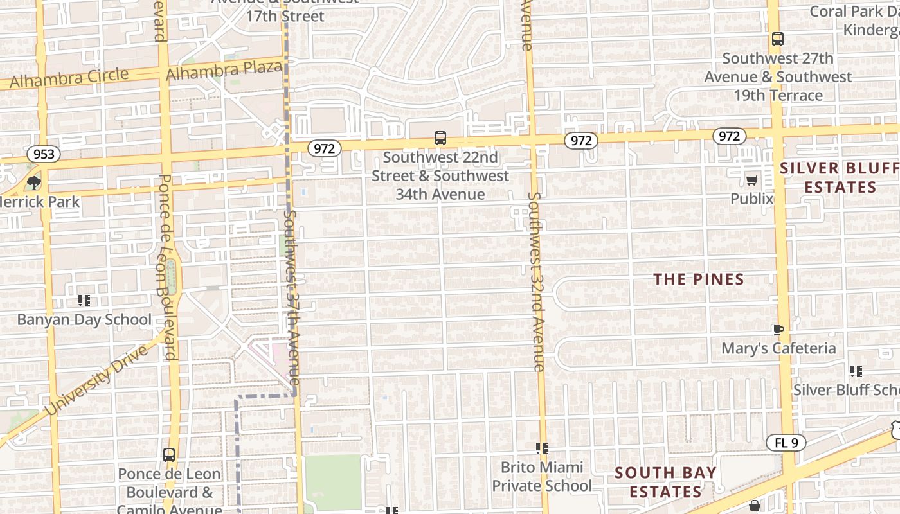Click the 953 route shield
click(44, 154)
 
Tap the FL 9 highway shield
click(786, 443)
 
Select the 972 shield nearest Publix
click(729, 136)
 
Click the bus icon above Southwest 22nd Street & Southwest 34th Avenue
click(440, 137)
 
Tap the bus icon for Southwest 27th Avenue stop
click(777, 39)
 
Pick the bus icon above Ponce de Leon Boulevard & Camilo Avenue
click(169, 454)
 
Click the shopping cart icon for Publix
click(751, 180)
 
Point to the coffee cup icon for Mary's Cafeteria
click(778, 330)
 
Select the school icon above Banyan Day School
click(84, 301)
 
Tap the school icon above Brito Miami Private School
click(541, 448)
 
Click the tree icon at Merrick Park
click(34, 183)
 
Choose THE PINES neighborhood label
click(699, 279)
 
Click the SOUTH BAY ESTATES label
click(665, 482)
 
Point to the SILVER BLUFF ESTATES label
click(840, 178)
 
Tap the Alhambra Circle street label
click(69, 78)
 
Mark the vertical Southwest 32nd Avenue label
click(537, 281)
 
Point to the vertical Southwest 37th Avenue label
click(292, 299)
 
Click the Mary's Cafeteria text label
click(779, 348)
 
